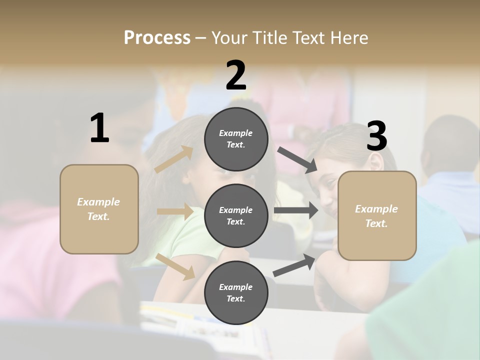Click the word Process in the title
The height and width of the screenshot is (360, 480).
click(157, 37)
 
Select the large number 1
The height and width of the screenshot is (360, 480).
click(99, 128)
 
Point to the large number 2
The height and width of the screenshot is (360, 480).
click(236, 75)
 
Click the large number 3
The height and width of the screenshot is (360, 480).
click(376, 136)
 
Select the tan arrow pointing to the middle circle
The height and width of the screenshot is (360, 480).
click(175, 211)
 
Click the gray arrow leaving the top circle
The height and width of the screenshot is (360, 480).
click(297, 160)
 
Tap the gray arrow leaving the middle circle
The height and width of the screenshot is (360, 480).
click(296, 210)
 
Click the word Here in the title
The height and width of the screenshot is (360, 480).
click(348, 37)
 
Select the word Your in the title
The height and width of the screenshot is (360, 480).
click(229, 37)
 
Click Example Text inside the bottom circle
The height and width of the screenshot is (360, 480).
click(236, 292)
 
